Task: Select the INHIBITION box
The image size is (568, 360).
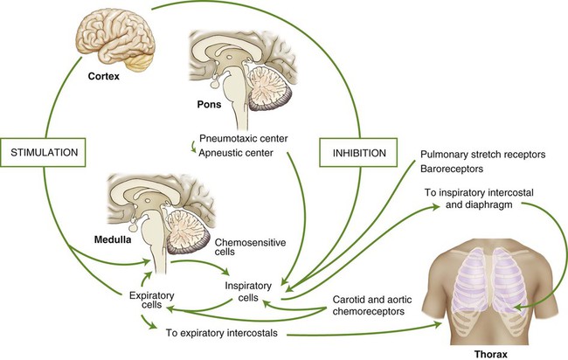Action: pos(358,152)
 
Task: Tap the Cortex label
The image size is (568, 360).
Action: pos(104,76)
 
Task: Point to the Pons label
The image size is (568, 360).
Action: pos(209,104)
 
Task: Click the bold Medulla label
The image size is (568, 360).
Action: pos(113,239)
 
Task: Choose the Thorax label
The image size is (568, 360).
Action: pos(491,354)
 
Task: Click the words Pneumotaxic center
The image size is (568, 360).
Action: pos(244,138)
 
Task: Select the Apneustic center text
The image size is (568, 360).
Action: pos(236,153)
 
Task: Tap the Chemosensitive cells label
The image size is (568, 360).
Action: pos(250,246)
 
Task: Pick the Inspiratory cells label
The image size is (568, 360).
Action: pos(248,292)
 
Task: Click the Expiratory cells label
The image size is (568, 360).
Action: pos(151,300)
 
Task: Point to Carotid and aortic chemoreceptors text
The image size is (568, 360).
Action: pos(372,305)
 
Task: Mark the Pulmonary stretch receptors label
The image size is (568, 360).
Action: pos(483,155)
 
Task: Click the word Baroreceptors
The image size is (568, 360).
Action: pos(452,169)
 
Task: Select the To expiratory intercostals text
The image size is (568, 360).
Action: pos(222,333)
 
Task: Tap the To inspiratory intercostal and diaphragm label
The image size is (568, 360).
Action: pos(479,198)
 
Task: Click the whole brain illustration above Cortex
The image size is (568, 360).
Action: pos(116,41)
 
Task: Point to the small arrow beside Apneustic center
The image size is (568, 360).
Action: pos(193,147)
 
